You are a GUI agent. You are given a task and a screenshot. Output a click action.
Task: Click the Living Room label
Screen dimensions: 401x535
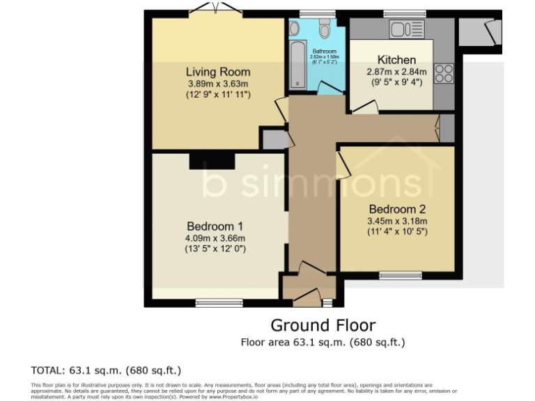(217, 72)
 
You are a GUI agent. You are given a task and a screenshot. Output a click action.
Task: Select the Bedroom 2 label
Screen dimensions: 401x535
(397, 209)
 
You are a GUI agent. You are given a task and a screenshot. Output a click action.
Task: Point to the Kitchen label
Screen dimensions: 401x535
(396, 60)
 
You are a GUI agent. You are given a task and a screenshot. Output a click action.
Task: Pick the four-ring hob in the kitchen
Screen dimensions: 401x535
(444, 73)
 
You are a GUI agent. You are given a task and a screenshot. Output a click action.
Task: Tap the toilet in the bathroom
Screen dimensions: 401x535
(325, 29)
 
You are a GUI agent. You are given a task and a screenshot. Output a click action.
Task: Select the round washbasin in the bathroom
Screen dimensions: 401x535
(294, 28)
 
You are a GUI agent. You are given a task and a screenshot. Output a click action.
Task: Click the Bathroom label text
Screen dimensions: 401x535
(324, 52)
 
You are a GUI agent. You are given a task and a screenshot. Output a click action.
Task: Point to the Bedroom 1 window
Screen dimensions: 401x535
(219, 303)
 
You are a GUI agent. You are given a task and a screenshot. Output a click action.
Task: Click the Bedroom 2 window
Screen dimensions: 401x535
(401, 275)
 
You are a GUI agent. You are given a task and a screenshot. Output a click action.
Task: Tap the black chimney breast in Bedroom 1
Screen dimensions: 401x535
(211, 160)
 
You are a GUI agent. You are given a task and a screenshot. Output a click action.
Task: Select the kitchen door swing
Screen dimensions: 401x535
(364, 107)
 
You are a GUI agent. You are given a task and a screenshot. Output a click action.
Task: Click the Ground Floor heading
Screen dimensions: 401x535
(323, 325)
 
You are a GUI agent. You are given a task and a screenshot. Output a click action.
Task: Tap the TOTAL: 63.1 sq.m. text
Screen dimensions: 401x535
(106, 370)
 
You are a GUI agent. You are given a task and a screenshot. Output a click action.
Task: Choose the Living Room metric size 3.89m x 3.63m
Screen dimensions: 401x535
(217, 84)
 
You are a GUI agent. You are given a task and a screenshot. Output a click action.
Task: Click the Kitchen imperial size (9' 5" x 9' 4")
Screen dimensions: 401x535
(396, 81)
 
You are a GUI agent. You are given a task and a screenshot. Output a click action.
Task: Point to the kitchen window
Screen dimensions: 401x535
(405, 13)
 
